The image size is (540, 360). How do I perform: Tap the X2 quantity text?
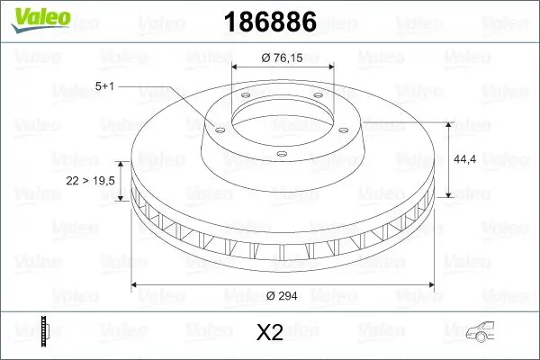pos(270,334)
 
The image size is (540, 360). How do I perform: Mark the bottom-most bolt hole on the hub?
pos(280,155)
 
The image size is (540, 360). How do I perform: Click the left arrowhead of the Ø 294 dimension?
pos(136,285)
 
